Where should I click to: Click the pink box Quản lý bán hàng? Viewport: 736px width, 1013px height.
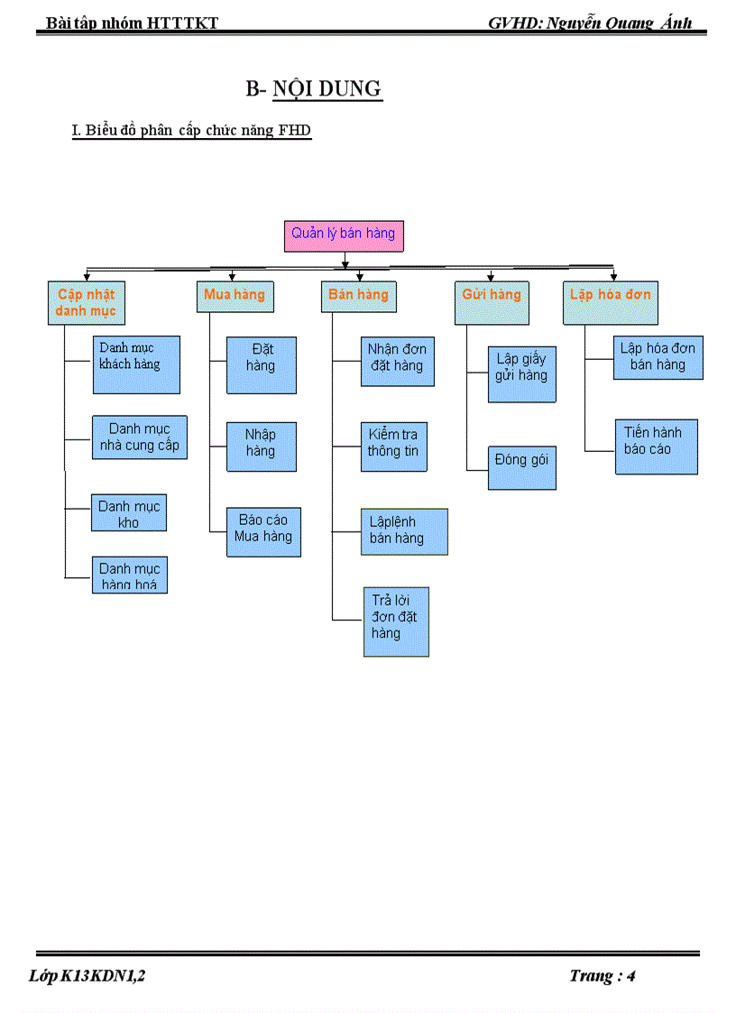click(344, 235)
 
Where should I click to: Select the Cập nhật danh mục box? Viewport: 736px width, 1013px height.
click(87, 303)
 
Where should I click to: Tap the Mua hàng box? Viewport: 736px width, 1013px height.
click(235, 296)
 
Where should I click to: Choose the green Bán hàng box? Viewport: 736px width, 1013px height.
click(358, 296)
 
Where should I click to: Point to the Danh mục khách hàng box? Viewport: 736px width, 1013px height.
click(136, 364)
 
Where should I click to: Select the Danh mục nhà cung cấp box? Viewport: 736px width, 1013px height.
click(140, 437)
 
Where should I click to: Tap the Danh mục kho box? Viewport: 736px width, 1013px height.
click(129, 512)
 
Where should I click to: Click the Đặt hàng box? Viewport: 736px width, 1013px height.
click(262, 364)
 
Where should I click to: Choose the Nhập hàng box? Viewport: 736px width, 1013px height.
click(262, 446)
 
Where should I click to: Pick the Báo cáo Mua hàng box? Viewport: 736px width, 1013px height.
click(263, 531)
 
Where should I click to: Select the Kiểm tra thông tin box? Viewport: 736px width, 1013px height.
click(393, 446)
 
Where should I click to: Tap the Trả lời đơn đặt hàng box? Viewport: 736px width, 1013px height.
click(395, 622)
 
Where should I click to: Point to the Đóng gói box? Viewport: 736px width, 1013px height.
click(522, 467)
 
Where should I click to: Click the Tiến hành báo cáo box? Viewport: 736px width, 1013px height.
click(654, 446)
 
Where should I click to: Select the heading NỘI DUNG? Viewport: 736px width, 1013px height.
click(327, 89)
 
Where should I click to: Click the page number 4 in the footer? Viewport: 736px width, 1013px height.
click(631, 975)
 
